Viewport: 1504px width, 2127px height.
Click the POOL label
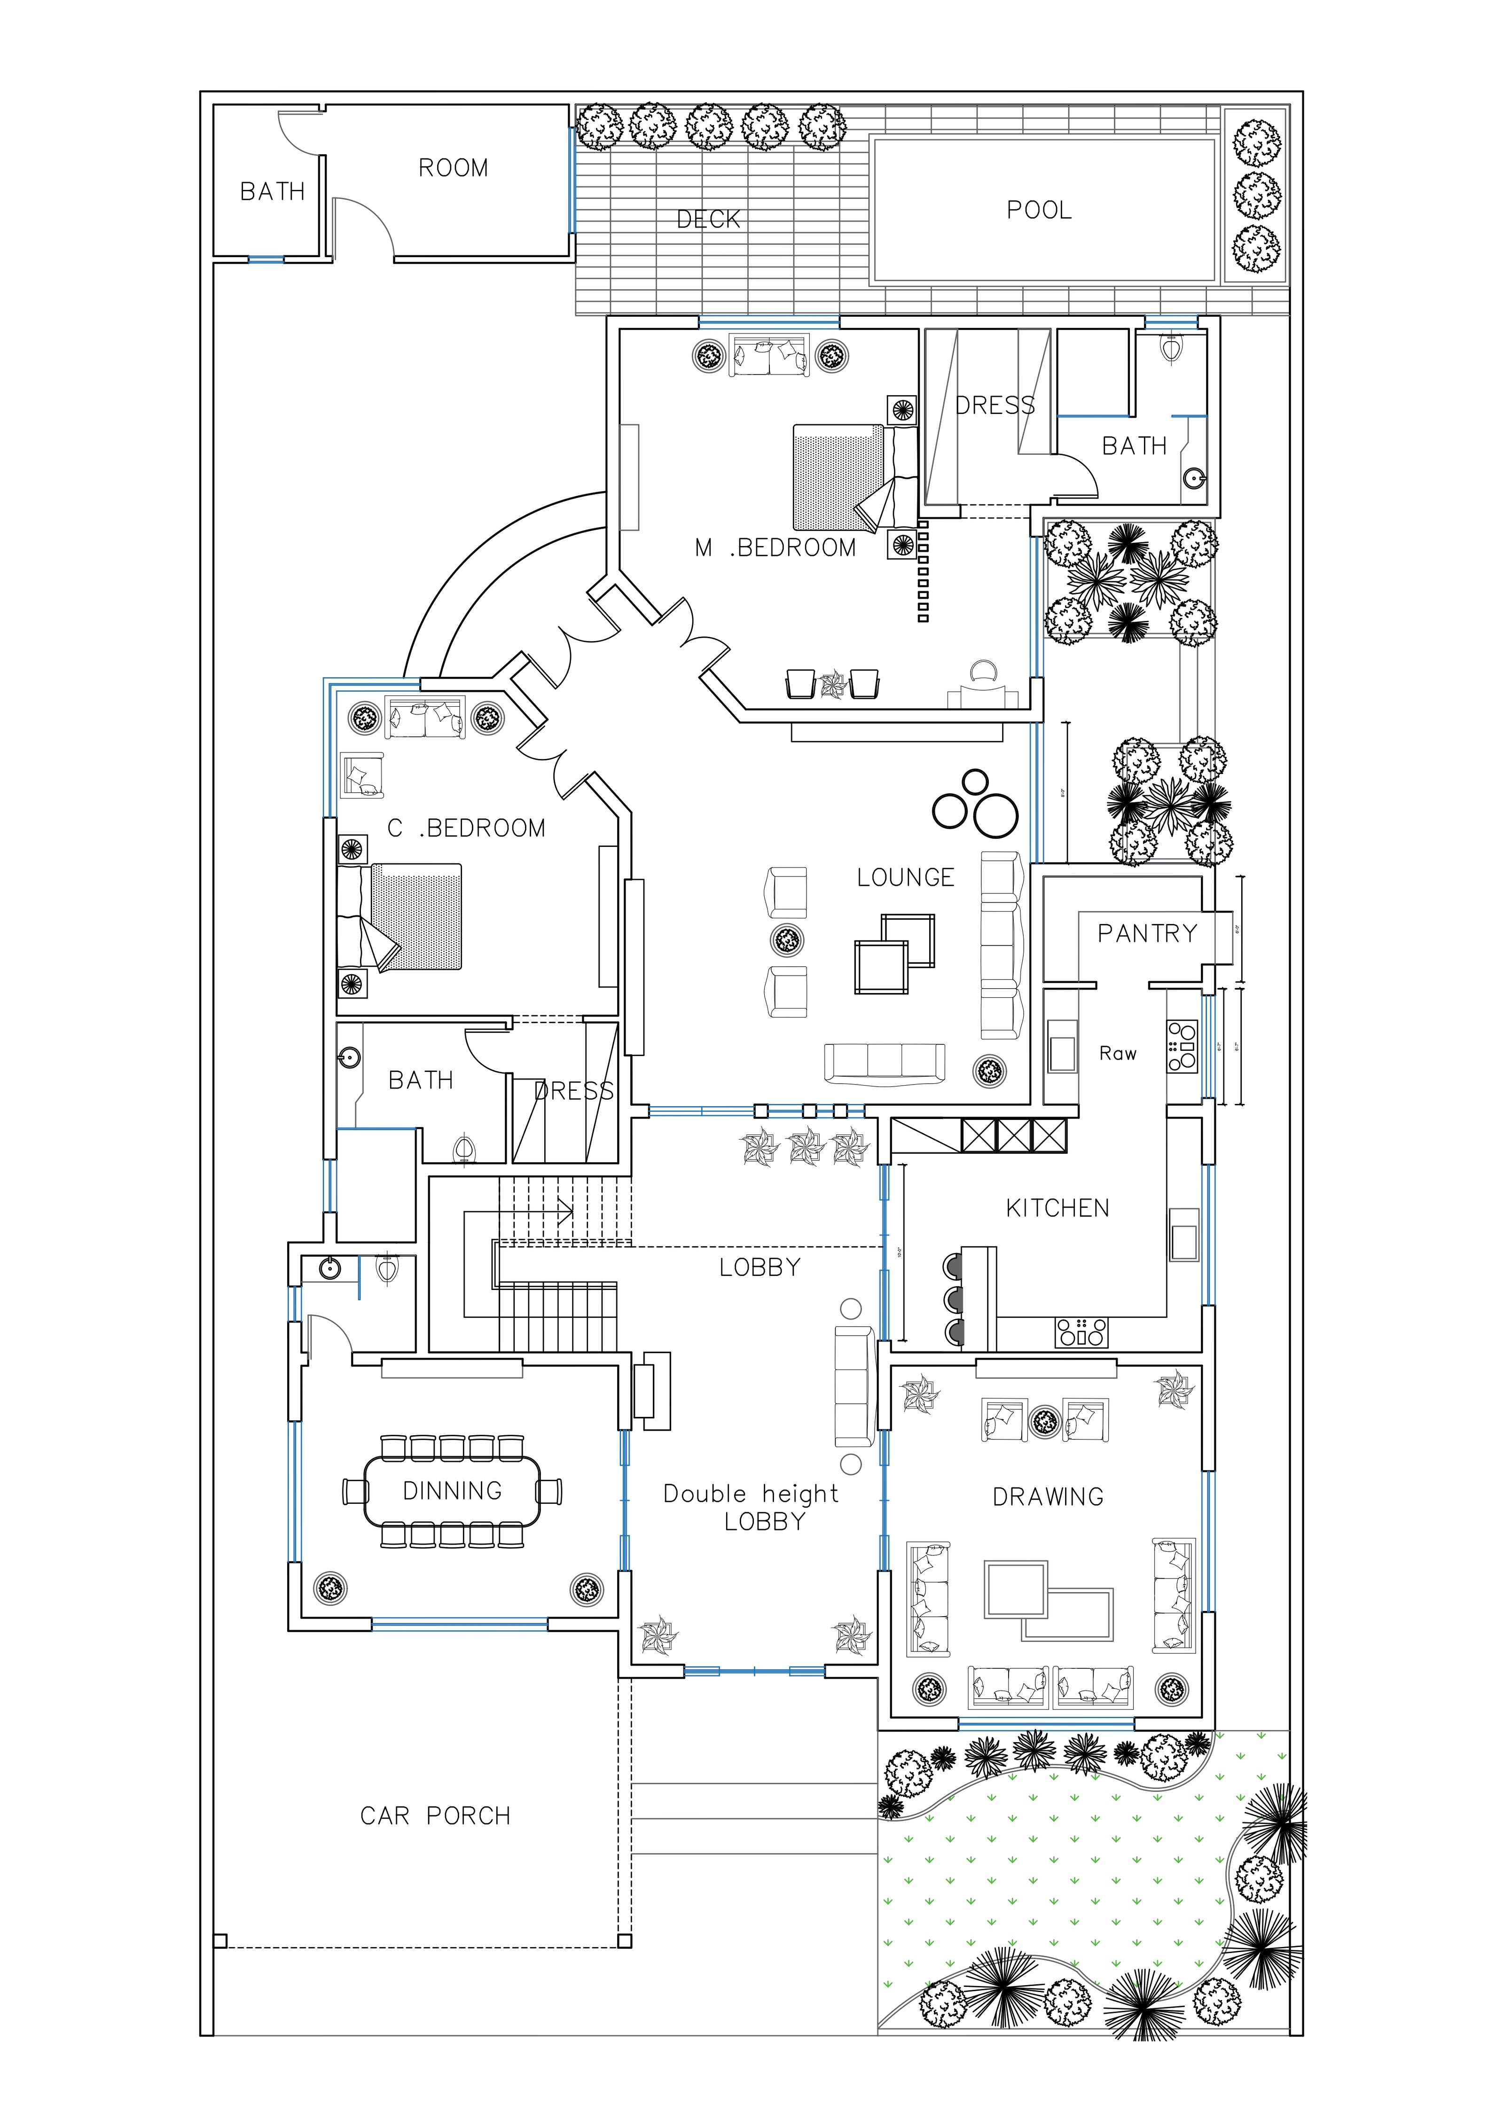tap(1039, 210)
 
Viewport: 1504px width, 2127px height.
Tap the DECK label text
tap(708, 219)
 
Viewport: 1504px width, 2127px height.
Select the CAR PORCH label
tap(435, 1816)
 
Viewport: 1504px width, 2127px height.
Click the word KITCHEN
tap(1057, 1208)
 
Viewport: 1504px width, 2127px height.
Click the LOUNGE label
tap(905, 877)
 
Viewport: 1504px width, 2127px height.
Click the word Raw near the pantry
tap(1118, 1053)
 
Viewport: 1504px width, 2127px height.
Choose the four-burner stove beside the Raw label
tap(1183, 1046)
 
